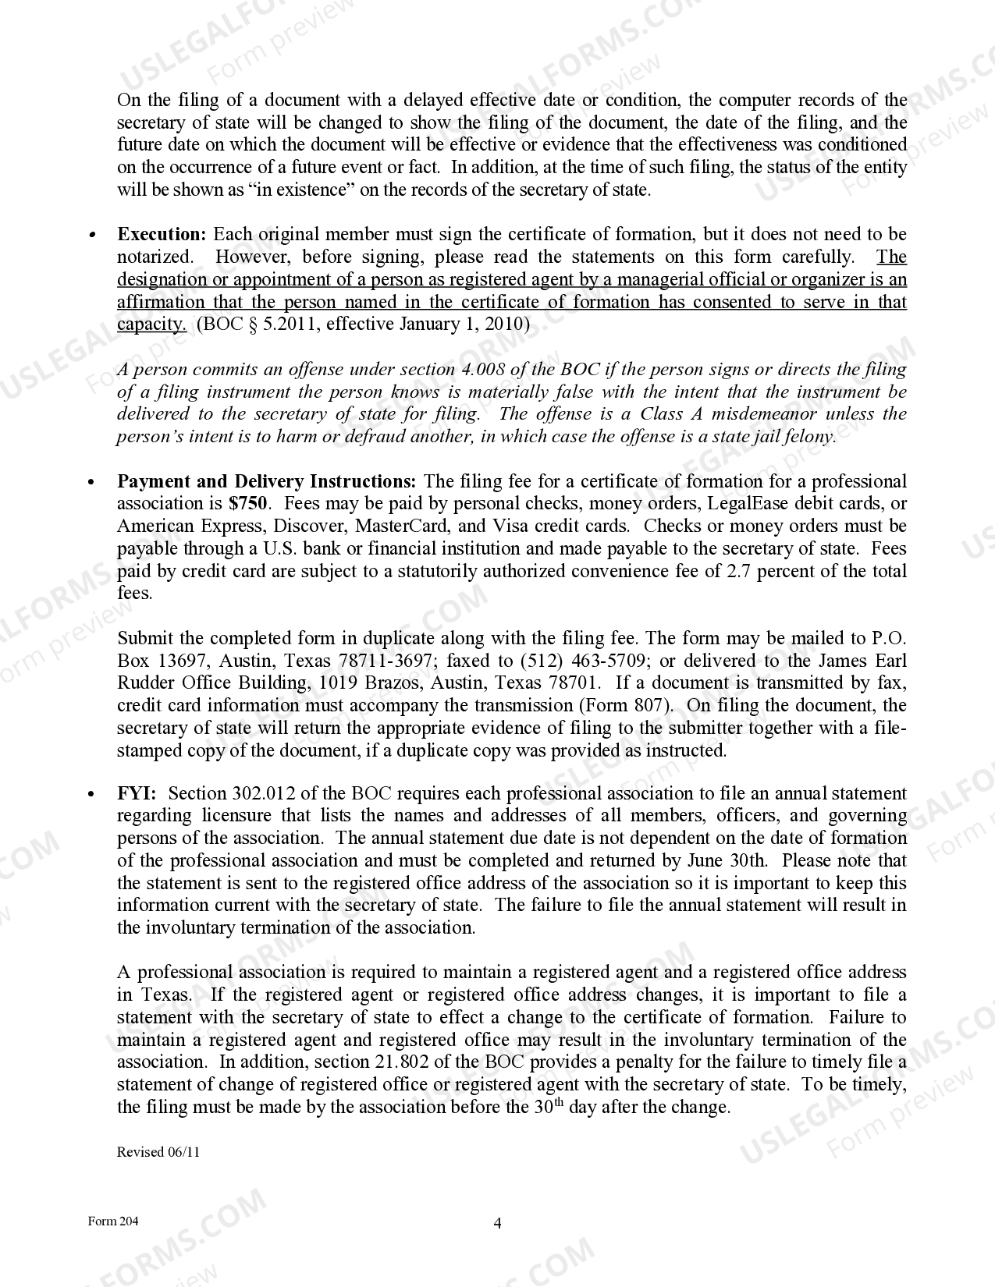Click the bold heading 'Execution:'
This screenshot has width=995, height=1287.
162,234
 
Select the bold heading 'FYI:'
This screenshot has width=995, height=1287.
137,793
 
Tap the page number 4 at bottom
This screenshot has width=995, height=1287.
497,1223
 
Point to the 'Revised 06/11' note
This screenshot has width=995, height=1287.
158,1152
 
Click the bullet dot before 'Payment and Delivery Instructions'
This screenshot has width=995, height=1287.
92,483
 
